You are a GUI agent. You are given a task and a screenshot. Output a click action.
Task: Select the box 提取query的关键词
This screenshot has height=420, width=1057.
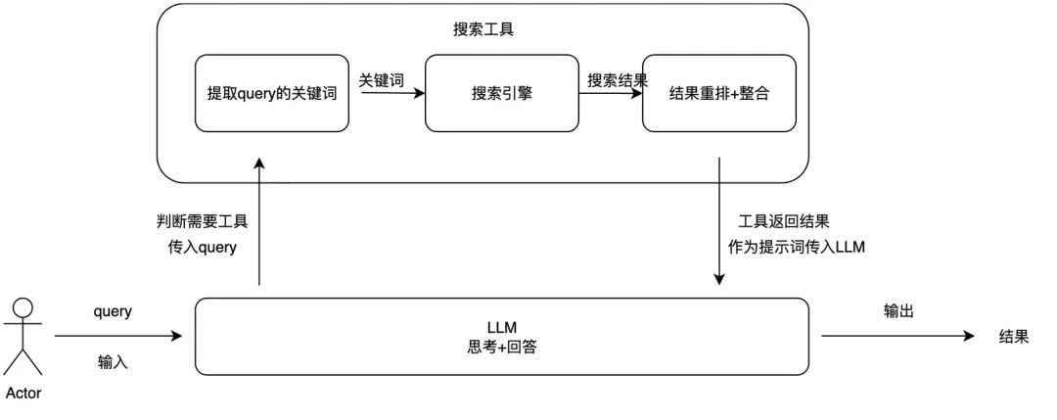[x=273, y=94]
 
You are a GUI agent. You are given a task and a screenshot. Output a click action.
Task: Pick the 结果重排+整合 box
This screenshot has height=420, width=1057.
[x=719, y=94]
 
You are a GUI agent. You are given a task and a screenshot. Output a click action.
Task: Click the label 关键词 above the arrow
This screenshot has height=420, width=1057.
[x=381, y=79]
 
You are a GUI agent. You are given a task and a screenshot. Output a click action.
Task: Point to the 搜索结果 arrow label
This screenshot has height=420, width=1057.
[x=617, y=79]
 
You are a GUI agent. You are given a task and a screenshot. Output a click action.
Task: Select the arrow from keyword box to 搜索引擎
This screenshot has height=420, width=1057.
[x=388, y=94]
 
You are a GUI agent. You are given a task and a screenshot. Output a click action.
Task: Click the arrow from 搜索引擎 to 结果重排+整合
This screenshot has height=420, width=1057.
[x=608, y=94]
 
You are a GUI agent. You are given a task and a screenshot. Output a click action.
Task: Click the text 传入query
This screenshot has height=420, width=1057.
[x=203, y=248]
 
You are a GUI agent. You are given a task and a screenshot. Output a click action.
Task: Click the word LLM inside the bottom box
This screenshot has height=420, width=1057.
[x=501, y=326]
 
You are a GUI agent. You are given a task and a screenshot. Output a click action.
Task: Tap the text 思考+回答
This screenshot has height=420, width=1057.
[x=501, y=345]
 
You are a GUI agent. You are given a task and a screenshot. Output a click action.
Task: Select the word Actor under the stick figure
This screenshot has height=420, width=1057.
[x=23, y=394]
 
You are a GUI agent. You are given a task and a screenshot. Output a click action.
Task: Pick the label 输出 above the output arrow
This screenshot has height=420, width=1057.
[x=898, y=310]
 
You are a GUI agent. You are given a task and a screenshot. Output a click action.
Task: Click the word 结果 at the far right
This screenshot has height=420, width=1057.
[x=1013, y=336]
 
